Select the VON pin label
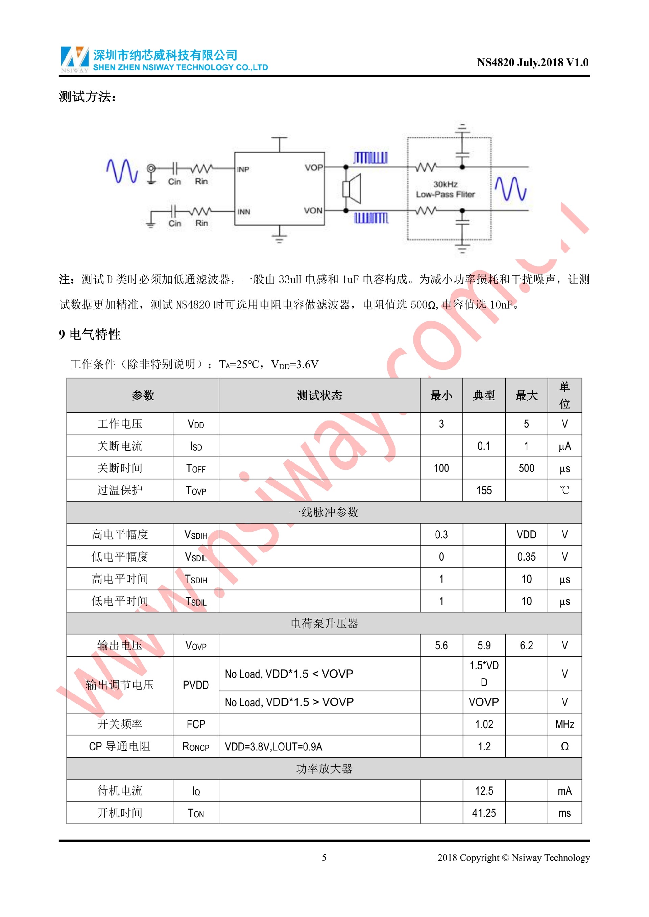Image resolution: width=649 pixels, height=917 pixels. (313, 210)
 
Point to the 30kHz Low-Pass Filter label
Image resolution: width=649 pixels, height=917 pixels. (445, 189)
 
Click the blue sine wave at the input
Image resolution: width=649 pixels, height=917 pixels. (122, 171)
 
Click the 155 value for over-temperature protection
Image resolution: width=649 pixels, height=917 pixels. (484, 490)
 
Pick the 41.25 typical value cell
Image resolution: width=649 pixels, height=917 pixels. (484, 813)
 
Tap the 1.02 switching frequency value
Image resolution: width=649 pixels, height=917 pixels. (484, 724)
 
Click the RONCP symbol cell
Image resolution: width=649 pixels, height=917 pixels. (195, 746)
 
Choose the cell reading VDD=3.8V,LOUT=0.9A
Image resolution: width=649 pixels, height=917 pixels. (273, 746)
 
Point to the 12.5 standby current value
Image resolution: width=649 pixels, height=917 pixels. (484, 791)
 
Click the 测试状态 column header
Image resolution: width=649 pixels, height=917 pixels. (319, 396)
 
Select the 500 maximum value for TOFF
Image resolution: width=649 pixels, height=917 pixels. (526, 468)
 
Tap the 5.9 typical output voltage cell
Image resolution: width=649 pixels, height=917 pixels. (484, 645)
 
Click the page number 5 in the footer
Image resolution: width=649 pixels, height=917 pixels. (324, 858)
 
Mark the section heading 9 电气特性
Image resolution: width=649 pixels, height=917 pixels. (90, 334)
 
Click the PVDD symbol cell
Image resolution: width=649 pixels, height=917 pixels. (195, 685)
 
